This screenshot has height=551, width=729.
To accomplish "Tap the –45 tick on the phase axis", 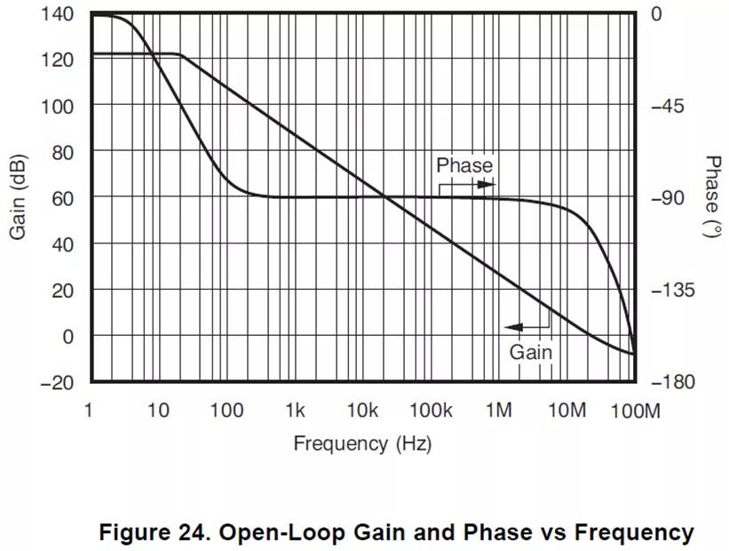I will (668, 106).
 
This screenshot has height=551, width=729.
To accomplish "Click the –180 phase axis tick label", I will (672, 382).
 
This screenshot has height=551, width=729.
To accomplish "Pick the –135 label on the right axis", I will (672, 290).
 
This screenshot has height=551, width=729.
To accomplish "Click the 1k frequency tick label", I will (295, 411).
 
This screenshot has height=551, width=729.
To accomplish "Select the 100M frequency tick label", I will (636, 411).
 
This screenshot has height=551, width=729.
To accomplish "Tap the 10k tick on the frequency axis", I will (362, 411).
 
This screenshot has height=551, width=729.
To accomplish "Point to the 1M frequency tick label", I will (499, 411).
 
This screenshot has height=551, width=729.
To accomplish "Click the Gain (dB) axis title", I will (19, 197).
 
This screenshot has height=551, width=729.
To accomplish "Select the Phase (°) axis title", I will (712, 197).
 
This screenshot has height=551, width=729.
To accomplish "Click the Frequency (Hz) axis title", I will (362, 443).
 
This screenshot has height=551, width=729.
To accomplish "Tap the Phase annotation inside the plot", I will (464, 165).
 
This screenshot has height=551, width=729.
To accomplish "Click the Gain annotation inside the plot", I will (530, 352).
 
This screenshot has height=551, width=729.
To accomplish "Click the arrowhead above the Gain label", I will (515, 327).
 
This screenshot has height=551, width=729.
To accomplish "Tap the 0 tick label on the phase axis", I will (656, 13).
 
